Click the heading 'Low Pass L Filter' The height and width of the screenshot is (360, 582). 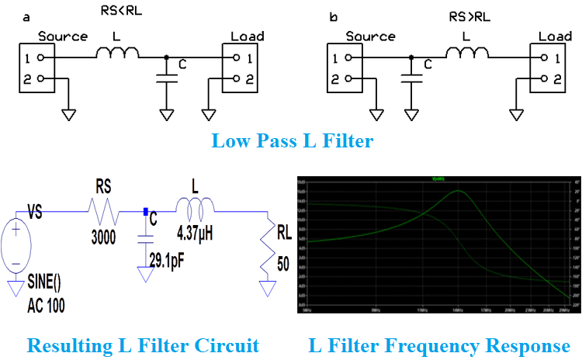[293, 141]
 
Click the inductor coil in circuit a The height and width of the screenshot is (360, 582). [118, 53]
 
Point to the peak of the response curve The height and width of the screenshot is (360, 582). [458, 191]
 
